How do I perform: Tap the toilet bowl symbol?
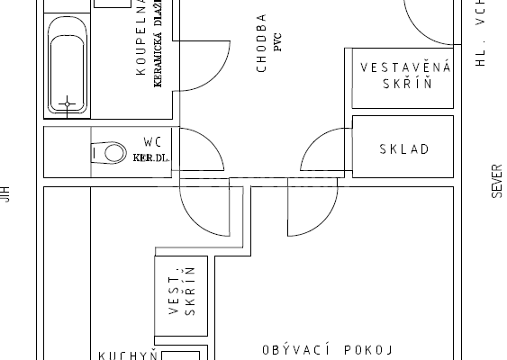(x=109, y=152)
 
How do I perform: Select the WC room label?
(x=153, y=141)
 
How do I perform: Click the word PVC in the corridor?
(x=278, y=45)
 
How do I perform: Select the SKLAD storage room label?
(x=403, y=149)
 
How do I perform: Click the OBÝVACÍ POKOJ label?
(x=329, y=349)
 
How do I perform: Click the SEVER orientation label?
(x=496, y=180)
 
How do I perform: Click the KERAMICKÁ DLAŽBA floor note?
(x=158, y=54)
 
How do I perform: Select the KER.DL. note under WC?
(x=150, y=157)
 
